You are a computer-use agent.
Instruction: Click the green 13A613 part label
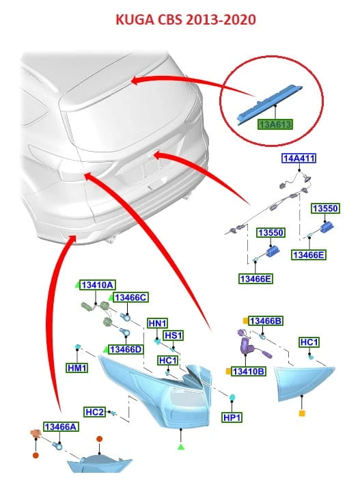click(275, 124)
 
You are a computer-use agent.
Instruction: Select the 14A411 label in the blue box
click(299, 158)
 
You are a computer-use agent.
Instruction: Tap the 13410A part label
click(97, 285)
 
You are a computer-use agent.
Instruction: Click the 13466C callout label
click(130, 297)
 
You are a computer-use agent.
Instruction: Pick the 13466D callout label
click(126, 349)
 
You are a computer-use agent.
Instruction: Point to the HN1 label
click(158, 324)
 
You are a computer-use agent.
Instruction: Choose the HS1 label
click(174, 335)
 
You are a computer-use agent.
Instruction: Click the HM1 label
click(77, 368)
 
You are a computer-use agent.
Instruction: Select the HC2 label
click(94, 412)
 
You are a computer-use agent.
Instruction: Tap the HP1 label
click(232, 417)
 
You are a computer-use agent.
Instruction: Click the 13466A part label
click(61, 427)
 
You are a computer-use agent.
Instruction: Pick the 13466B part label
click(266, 321)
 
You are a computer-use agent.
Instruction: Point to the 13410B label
click(249, 372)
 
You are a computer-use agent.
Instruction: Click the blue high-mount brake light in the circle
click(269, 103)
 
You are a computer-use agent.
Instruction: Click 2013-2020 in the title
click(221, 20)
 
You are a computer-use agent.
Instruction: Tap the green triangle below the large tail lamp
click(181, 446)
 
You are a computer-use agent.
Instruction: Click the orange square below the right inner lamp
click(302, 413)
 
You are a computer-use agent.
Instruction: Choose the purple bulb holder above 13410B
click(247, 346)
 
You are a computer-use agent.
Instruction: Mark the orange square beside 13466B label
click(245, 321)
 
